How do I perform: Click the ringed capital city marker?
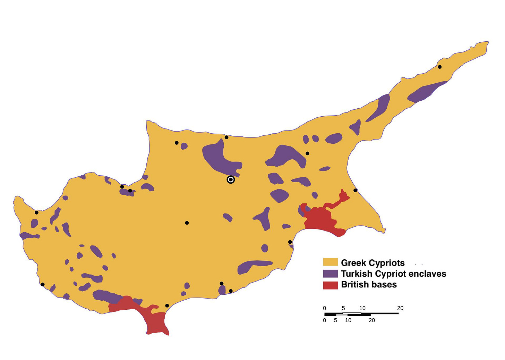click(x=231, y=179)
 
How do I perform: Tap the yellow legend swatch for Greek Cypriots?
click(x=330, y=262)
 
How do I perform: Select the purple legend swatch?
click(x=330, y=273)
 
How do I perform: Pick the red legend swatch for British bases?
click(x=330, y=285)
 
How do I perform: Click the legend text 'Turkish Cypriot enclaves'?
click(x=393, y=274)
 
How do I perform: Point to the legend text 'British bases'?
click(x=369, y=285)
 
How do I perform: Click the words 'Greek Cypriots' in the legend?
click(x=373, y=263)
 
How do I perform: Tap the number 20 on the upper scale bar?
click(x=400, y=308)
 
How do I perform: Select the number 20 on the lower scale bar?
click(x=372, y=320)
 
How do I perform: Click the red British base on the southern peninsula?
click(x=156, y=321)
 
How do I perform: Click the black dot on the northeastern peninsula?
click(x=439, y=67)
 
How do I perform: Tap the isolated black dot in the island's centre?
click(x=187, y=223)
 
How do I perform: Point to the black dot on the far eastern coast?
click(x=355, y=190)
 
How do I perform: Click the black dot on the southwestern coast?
click(x=43, y=284)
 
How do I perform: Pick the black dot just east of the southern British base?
click(x=167, y=305)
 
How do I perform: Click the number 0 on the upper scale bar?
click(x=324, y=308)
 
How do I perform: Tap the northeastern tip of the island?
click(x=487, y=43)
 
